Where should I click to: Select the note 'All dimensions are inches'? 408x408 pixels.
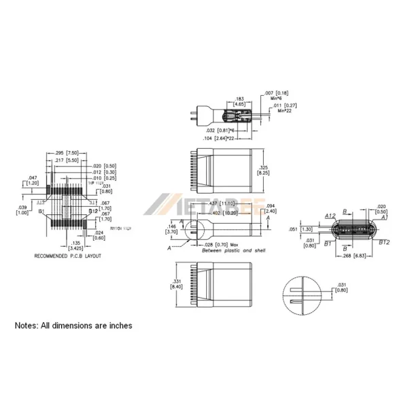(73, 326)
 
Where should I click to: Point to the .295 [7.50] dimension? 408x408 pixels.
(63, 153)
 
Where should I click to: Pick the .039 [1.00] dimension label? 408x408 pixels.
(22, 209)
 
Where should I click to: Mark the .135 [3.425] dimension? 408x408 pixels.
(76, 244)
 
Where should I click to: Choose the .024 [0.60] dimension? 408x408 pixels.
(99, 235)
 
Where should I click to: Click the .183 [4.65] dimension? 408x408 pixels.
(239, 102)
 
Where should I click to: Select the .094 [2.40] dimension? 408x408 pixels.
(269, 209)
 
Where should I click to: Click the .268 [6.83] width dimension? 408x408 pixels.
(355, 256)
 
